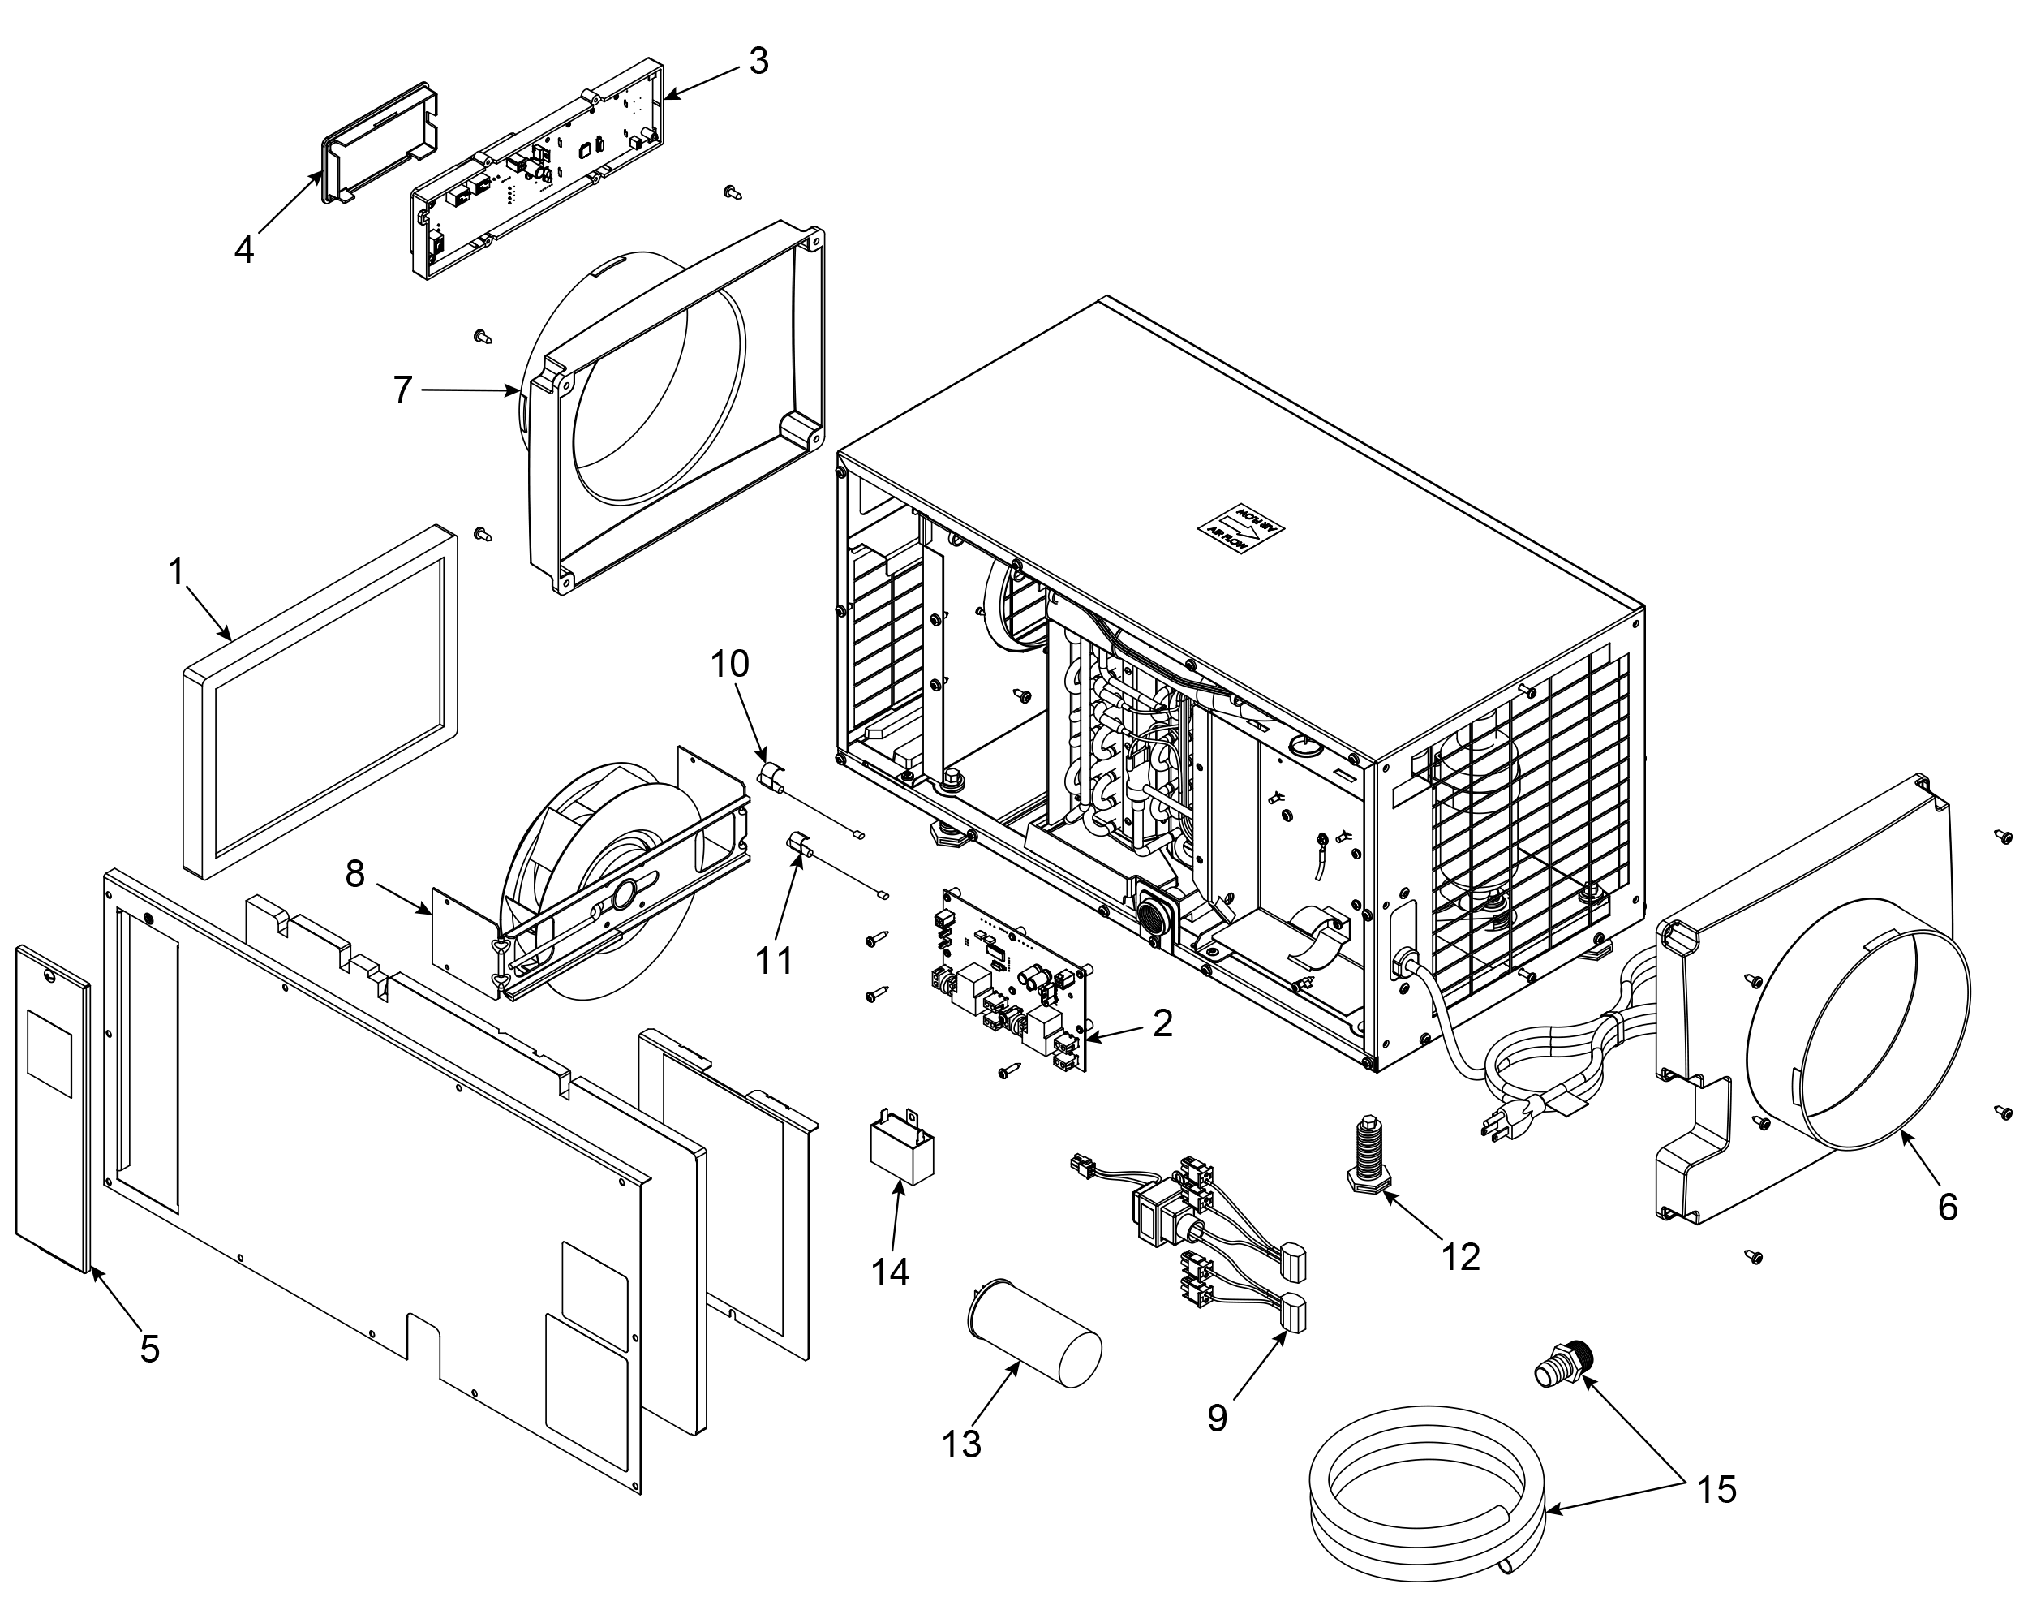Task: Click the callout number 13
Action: [x=961, y=1444]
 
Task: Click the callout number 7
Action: [x=402, y=390]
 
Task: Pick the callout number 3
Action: [x=758, y=61]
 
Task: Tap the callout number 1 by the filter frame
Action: [x=176, y=572]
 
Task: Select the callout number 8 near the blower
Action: [x=354, y=874]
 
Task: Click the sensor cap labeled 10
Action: [x=773, y=779]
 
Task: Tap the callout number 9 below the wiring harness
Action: [x=1217, y=1417]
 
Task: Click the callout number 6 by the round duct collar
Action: [x=1947, y=1206]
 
